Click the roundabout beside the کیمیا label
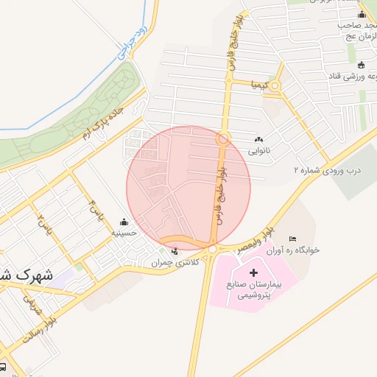point(275,87)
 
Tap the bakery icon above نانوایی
point(258,139)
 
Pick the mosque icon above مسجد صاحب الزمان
point(361,15)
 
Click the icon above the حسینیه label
point(124,222)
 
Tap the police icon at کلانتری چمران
point(175,253)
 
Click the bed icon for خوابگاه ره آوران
point(292,239)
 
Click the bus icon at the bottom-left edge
point(3,367)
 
